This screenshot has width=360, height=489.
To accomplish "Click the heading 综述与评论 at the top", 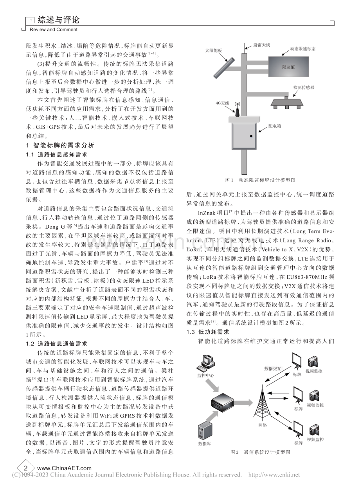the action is tap(58, 20).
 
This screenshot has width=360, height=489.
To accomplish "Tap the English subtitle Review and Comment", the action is tap(54, 30).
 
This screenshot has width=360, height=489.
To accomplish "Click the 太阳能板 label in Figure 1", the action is tap(213, 51).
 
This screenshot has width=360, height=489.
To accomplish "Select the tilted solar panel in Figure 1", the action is tap(224, 68).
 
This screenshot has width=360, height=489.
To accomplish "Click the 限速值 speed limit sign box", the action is tap(288, 67).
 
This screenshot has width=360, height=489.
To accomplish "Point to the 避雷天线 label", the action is tap(262, 45).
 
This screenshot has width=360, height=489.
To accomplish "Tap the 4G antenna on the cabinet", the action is tap(237, 109).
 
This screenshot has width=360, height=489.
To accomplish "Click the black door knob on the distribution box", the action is tap(251, 136).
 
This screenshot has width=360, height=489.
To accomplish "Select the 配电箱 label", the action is tap(274, 126).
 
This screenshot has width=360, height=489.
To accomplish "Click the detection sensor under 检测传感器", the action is tap(287, 103).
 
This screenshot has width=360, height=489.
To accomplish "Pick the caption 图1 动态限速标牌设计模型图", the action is tap(260, 180).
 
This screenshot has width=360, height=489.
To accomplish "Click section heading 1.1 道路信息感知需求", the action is tap(56, 155).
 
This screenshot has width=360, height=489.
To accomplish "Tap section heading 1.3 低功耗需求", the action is tap(208, 332).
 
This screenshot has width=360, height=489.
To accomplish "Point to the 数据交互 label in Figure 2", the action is tap(272, 369).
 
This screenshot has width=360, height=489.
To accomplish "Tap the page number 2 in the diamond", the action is tap(26, 468).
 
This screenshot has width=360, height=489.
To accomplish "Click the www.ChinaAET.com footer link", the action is tap(65, 468).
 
